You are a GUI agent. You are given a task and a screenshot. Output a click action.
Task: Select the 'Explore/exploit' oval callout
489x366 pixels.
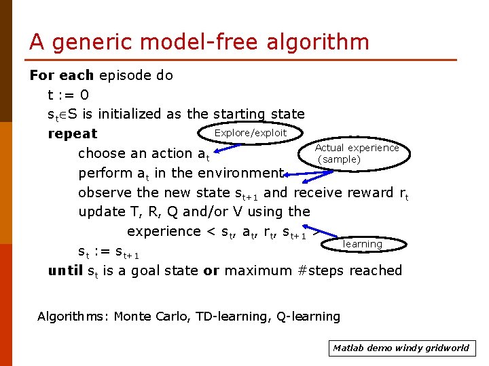pyautogui.click(x=251, y=133)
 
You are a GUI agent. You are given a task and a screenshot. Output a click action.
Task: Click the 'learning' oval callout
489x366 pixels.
pyautogui.click(x=363, y=244)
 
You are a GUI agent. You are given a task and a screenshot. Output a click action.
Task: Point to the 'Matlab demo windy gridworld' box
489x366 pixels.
pyautogui.click(x=401, y=348)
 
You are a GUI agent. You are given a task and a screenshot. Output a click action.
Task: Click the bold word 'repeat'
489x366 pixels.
pyautogui.click(x=73, y=134)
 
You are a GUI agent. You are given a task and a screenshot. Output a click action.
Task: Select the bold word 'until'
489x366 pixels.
pyautogui.click(x=65, y=271)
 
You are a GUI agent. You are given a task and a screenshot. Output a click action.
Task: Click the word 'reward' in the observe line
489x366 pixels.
pyautogui.click(x=369, y=192)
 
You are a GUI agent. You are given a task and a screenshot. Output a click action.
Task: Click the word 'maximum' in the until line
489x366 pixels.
pyautogui.click(x=259, y=271)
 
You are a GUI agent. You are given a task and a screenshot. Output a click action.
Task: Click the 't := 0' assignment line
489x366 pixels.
pyautogui.click(x=68, y=95)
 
